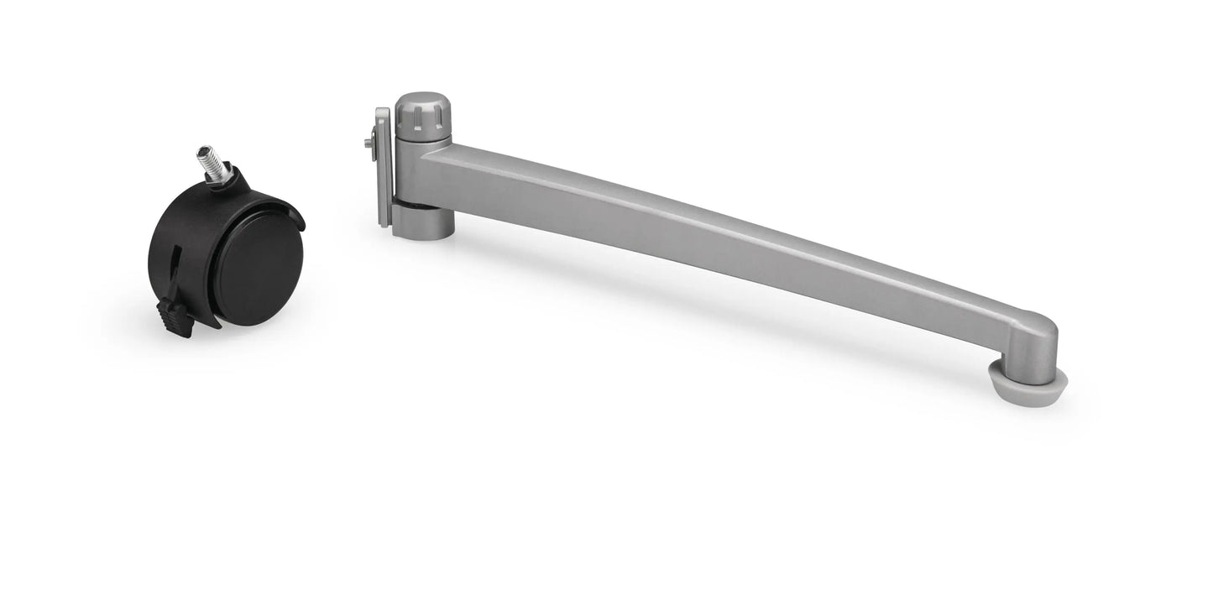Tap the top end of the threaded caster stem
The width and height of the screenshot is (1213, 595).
[x=204, y=150]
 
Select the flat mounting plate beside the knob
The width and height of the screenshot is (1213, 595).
[x=383, y=168]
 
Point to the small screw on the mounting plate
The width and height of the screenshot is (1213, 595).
[x=370, y=144]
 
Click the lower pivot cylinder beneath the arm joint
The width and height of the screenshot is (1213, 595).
[x=423, y=222]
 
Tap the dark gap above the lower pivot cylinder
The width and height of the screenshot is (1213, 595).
[x=408, y=203]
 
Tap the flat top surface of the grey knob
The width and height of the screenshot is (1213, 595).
[x=422, y=99]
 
